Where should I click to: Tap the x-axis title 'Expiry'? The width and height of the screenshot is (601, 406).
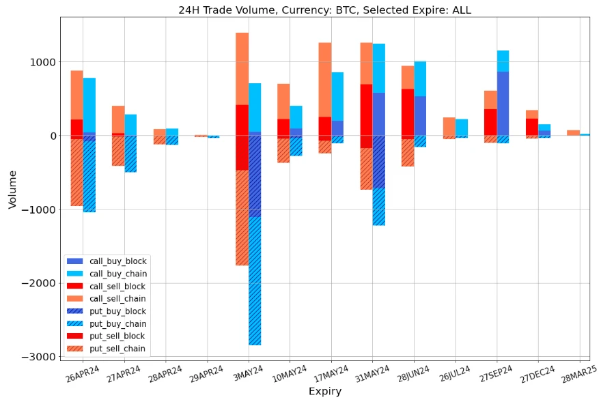click(x=324, y=392)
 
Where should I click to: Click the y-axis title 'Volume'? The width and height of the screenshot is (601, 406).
click(x=12, y=189)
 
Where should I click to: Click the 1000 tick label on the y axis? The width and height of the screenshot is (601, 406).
click(x=44, y=62)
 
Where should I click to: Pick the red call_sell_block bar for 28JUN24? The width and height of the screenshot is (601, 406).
click(x=408, y=112)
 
